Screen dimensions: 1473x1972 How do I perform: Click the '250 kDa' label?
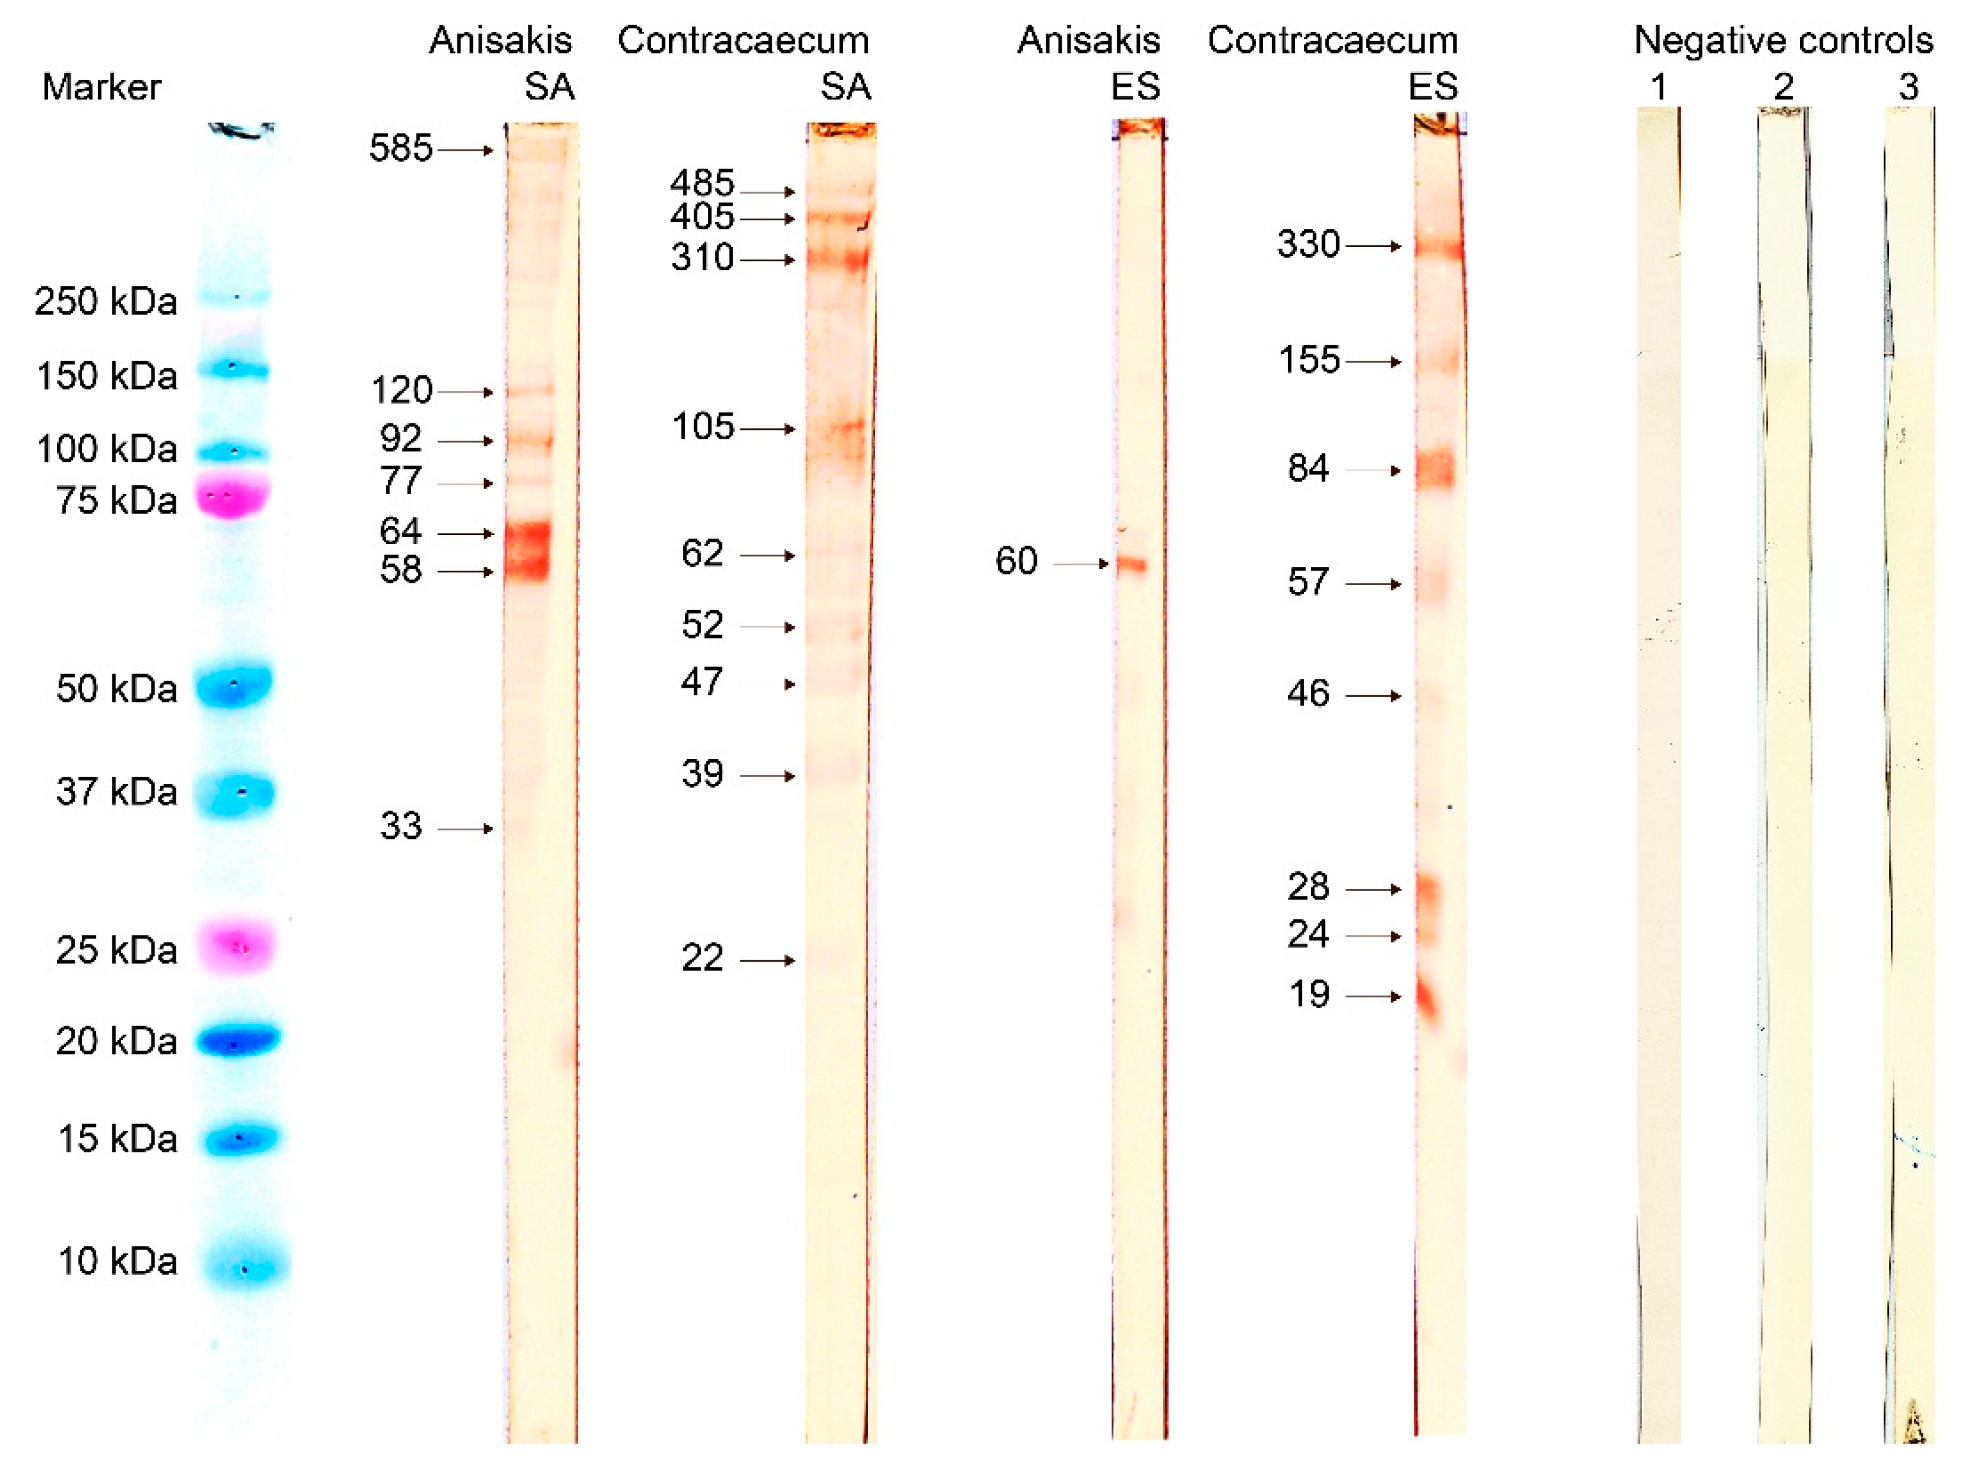tap(106, 301)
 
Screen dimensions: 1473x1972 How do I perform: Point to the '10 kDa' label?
tap(118, 1261)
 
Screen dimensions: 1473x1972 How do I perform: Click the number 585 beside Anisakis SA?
tap(401, 148)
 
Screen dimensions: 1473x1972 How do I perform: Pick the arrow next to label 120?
tap(465, 392)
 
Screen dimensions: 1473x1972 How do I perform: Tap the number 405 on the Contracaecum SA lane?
tap(701, 216)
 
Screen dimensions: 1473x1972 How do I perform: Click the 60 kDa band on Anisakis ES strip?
tap(1132, 563)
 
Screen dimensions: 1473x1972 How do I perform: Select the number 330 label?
tap(1308, 244)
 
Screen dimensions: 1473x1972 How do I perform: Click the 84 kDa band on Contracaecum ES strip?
tap(1434, 469)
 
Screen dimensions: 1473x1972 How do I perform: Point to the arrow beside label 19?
tap(1373, 996)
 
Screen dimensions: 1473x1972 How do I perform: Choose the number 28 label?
tap(1308, 887)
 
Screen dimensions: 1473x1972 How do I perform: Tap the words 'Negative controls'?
tap(1783, 40)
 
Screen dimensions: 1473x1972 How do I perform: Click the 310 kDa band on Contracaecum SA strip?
tap(839, 259)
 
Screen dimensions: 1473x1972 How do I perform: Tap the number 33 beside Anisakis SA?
tap(401, 827)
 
